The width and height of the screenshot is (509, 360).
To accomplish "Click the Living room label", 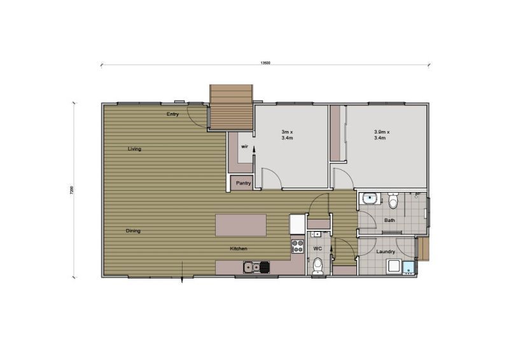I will tap(134, 149).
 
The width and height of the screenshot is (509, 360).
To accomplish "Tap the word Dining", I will tap(133, 231).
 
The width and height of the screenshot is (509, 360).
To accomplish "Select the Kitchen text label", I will tap(239, 249).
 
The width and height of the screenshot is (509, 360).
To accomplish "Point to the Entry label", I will tap(172, 114).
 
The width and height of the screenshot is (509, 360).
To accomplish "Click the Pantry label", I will tap(244, 183).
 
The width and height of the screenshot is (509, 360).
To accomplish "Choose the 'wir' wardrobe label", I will tap(244, 146).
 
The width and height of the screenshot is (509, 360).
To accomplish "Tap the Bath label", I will tap(389, 221).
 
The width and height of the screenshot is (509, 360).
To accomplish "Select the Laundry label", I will tap(386, 252).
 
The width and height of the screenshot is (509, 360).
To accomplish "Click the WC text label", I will tap(317, 248).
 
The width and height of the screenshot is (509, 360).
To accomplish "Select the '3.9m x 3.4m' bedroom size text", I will tap(382, 135).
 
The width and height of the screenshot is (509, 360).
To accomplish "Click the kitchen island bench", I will tap(241, 225).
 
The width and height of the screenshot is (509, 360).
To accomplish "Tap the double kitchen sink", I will tap(253, 267).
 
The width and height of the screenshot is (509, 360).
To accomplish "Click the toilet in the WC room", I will tap(318, 265).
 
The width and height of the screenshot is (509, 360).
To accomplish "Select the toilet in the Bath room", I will tap(393, 202).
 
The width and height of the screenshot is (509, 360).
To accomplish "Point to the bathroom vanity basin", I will tap(370, 198).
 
